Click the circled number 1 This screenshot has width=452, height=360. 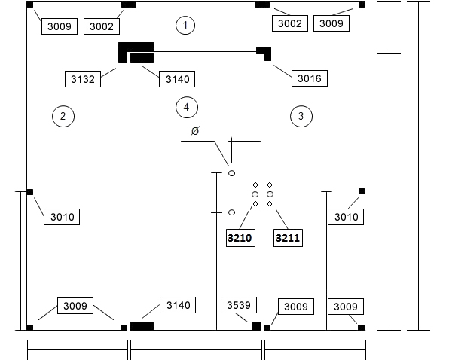click(185, 26)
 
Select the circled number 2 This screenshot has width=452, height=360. click(63, 117)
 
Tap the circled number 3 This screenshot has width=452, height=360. click(301, 117)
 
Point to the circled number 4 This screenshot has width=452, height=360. click(187, 108)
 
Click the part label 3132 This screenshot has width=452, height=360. click(83, 79)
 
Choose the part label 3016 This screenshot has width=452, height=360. click(310, 78)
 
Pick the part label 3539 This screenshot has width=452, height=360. click(239, 305)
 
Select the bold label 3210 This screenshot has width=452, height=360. click(240, 238)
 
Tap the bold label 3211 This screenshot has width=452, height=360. click(288, 238)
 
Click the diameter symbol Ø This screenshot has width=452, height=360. click(195, 131)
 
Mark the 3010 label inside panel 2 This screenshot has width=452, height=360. click(62, 217)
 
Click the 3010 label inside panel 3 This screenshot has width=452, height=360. click(346, 217)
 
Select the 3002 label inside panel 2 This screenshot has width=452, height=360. click(102, 26)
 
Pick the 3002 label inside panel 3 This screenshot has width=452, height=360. click(290, 23)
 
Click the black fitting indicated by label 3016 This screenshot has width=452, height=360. click(264, 53)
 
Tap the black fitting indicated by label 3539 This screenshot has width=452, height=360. click(256, 326)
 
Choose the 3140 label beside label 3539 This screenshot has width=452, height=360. click(178, 305)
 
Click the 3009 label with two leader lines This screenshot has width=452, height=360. click(75, 306)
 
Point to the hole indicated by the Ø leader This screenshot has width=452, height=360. click(231, 173)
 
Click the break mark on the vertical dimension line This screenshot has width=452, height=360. click(389, 52)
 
